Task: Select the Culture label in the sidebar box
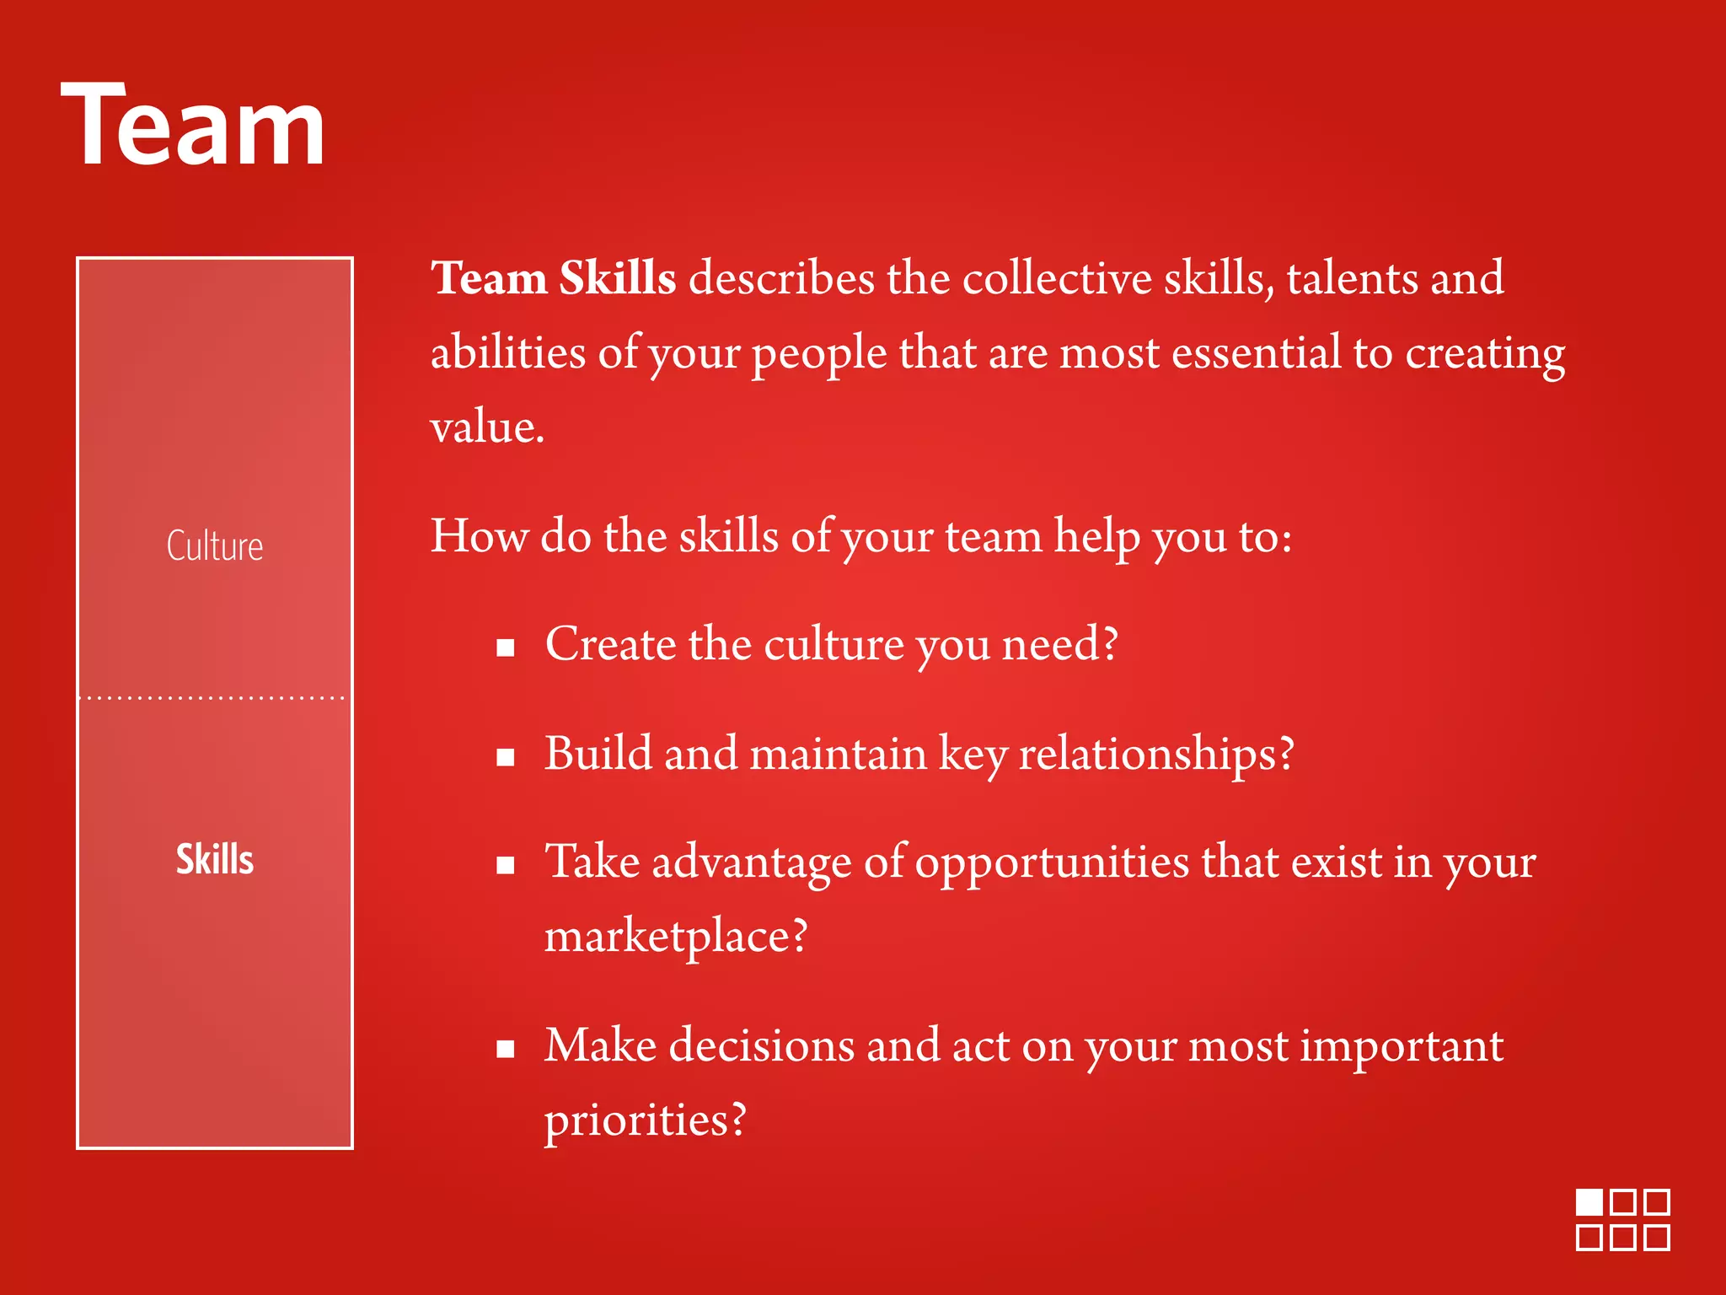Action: point(215,545)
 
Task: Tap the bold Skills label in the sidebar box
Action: point(215,859)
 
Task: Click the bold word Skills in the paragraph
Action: point(617,277)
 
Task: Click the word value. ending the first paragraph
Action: point(487,427)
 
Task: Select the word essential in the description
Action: point(1256,352)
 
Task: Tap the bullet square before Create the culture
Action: point(506,648)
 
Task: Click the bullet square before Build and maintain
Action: point(506,757)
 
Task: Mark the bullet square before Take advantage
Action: point(506,866)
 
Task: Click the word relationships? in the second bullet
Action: point(1155,753)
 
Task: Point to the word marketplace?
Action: point(676,936)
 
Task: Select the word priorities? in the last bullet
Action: point(646,1120)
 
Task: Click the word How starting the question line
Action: point(479,535)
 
